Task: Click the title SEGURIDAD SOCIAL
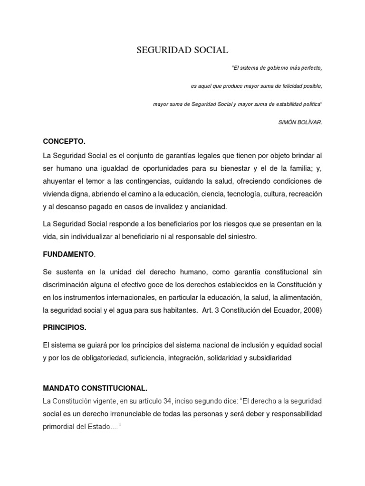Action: (182, 50)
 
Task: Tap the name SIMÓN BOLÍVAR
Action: (300, 122)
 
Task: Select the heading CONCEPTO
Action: (64, 141)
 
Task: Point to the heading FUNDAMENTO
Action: (68, 254)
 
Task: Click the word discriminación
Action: (67, 285)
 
